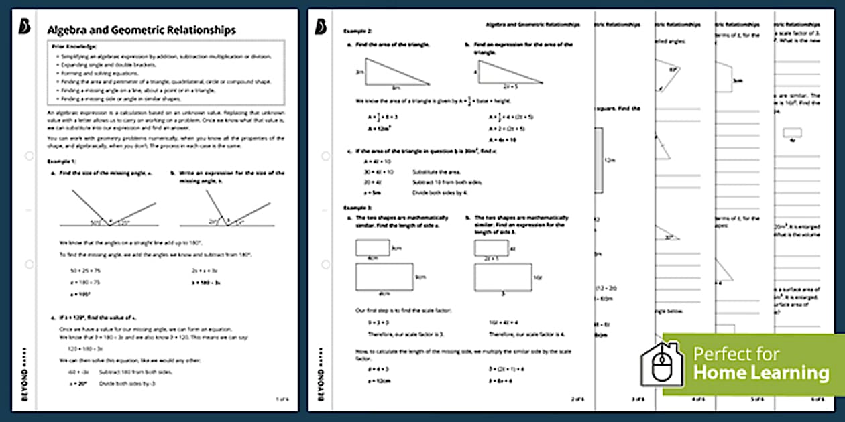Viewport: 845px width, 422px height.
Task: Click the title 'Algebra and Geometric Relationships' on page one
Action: tap(141, 30)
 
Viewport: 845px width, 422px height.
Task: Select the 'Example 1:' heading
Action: tap(62, 161)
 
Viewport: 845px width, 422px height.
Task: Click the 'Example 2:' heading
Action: tap(357, 31)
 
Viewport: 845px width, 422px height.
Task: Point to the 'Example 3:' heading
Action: tap(357, 208)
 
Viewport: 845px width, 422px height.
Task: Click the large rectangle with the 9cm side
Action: tap(384, 277)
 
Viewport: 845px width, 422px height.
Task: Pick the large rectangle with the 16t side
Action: tap(502, 277)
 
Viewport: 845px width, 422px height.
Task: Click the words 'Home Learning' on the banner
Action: tap(760, 372)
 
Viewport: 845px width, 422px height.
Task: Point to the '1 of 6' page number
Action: tap(282, 399)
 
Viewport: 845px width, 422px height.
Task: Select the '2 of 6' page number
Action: tap(577, 399)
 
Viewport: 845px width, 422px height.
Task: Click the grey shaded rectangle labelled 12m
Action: tap(598, 161)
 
